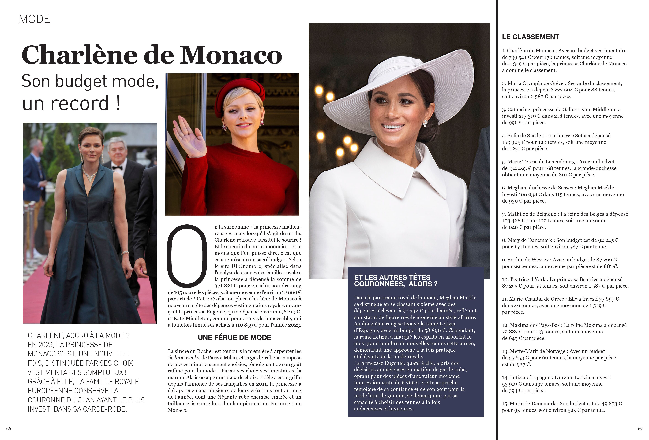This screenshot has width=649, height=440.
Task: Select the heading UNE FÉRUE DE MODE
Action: [234, 338]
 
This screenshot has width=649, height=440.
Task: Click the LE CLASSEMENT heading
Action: [530, 37]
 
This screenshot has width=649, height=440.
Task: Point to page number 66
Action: [9, 429]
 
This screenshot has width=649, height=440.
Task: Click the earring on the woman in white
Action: [425, 123]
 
